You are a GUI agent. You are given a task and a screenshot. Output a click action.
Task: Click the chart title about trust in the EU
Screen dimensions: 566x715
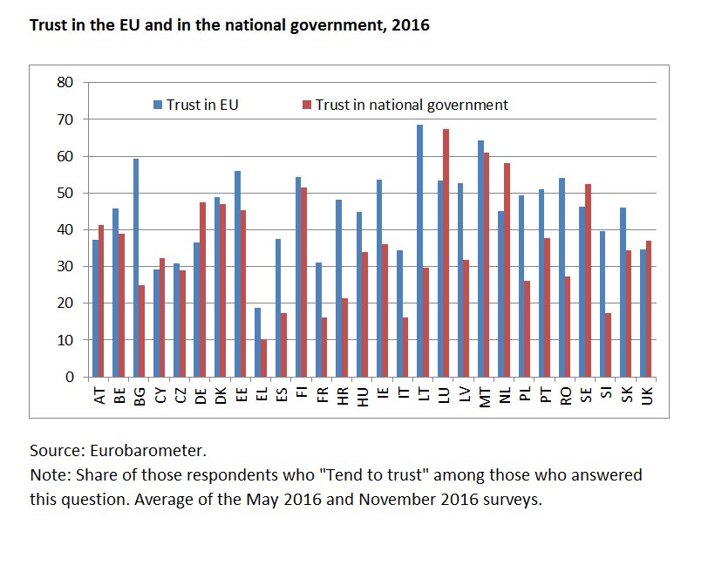pyautogui.click(x=229, y=25)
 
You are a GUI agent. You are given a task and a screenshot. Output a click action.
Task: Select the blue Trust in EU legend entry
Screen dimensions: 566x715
pyautogui.click(x=195, y=105)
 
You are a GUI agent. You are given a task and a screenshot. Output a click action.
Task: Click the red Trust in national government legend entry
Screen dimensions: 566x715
pyautogui.click(x=405, y=105)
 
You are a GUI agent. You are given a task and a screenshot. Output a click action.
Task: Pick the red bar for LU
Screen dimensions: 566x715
pyautogui.click(x=446, y=253)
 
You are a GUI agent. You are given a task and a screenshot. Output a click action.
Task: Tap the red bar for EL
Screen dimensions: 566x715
pyautogui.click(x=264, y=358)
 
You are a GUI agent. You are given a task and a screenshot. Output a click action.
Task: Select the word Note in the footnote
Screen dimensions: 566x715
pyautogui.click(x=47, y=476)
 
